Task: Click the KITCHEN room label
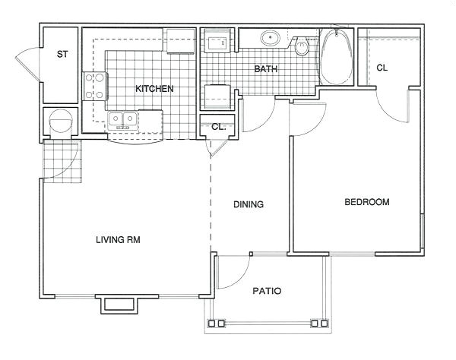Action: point(154,89)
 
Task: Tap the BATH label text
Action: point(265,69)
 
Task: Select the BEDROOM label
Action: point(367,202)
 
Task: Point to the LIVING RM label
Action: point(118,240)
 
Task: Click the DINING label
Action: point(249,204)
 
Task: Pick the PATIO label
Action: point(267,291)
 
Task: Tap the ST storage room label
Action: point(62,54)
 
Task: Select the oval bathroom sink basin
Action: point(270,38)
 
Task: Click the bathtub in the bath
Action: point(337,57)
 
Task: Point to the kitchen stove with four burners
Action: point(95,87)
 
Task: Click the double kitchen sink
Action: point(122,120)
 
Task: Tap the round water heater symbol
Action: point(61,121)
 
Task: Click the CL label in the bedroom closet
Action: point(382,68)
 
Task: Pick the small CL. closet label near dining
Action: point(219,127)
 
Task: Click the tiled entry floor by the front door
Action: point(62,161)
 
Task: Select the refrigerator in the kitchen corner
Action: point(180,41)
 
